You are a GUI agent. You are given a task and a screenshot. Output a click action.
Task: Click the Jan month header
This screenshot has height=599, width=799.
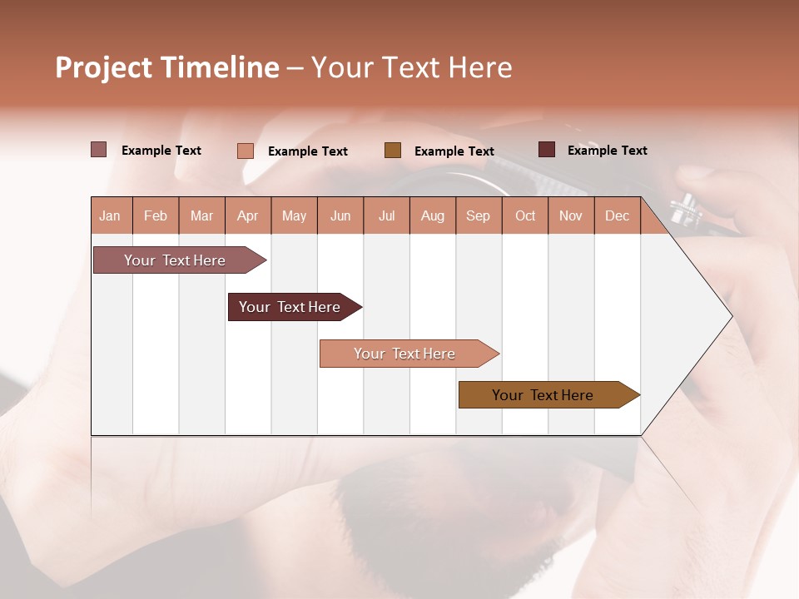(x=111, y=215)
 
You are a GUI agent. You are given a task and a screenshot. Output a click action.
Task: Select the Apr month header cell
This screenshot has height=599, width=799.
(x=248, y=215)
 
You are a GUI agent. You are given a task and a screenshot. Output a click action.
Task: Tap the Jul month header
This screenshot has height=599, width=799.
(x=386, y=215)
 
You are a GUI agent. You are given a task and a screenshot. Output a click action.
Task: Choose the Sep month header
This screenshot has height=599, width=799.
(x=479, y=215)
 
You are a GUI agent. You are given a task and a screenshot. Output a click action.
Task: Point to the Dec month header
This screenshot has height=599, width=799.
(x=617, y=215)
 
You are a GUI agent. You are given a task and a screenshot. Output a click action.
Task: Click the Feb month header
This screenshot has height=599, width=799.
(x=156, y=215)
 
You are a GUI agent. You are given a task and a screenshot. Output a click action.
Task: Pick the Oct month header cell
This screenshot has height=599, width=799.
(x=525, y=215)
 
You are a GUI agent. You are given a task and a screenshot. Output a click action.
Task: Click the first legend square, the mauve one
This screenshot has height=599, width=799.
(x=98, y=150)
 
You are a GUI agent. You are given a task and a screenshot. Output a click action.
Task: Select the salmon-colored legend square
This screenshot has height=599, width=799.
(x=245, y=151)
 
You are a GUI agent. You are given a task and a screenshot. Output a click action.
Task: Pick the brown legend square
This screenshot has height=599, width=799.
(x=392, y=151)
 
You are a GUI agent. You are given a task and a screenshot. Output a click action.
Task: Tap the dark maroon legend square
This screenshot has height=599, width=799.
(x=546, y=150)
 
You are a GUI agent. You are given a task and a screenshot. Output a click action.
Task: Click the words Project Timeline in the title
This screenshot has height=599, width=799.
(x=166, y=67)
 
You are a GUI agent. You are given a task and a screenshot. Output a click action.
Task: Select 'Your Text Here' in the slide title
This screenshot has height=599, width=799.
(x=411, y=67)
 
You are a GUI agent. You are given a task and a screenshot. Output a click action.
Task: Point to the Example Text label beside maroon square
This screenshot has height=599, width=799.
(x=607, y=151)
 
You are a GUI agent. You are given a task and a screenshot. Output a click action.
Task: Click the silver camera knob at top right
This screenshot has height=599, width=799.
(x=685, y=209)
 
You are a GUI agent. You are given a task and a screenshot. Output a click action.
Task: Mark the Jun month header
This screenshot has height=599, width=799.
(x=340, y=215)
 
